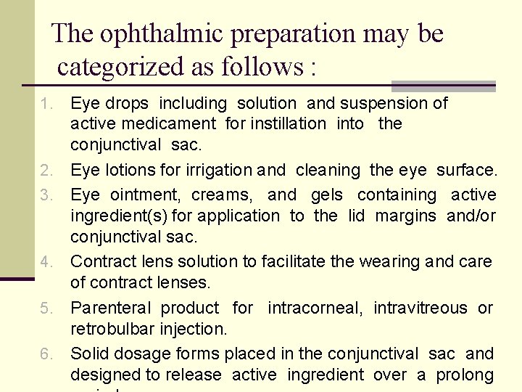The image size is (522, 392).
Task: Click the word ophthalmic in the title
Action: coord(151,33)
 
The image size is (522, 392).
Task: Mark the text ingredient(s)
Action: coord(120,216)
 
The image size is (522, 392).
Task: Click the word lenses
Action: coord(179,282)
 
